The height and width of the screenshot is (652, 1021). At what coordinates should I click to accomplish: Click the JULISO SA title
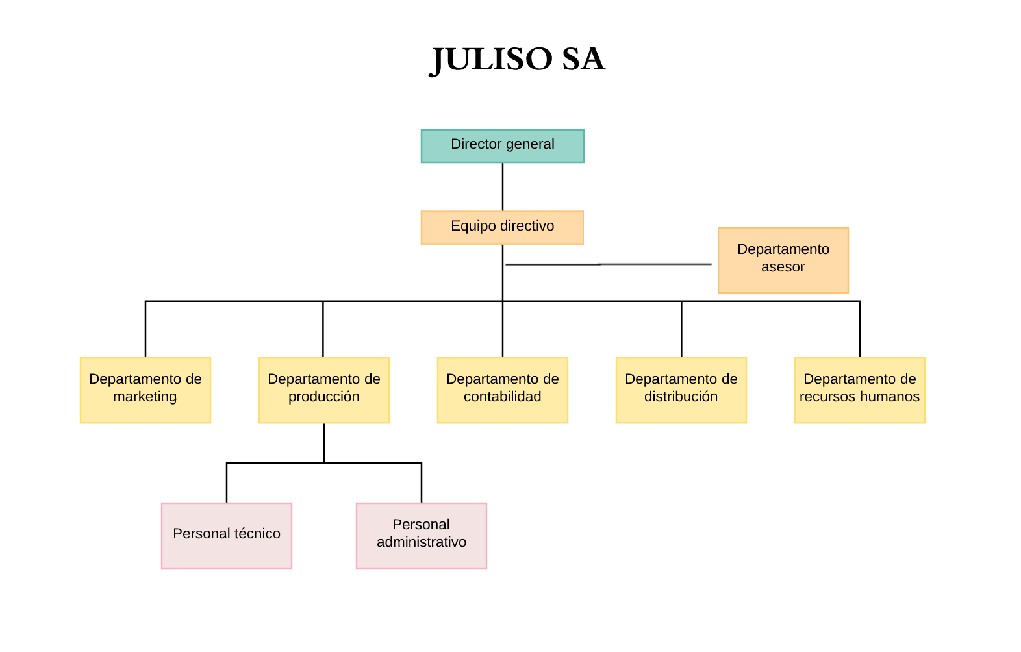coord(518,60)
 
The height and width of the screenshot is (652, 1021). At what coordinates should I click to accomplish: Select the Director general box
coord(502,145)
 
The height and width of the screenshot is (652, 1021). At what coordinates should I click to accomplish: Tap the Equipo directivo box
coord(502,227)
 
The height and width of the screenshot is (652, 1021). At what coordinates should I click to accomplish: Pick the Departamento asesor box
coord(783,260)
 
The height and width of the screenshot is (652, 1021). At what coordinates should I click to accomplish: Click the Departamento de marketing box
coord(145,390)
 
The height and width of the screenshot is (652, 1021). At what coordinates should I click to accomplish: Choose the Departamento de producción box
coord(323,390)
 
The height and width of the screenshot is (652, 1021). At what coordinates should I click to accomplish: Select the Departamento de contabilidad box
coord(502,390)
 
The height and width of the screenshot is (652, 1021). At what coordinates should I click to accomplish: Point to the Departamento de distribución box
coord(681,390)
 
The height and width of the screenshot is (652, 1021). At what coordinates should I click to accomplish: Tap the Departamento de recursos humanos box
coord(859,390)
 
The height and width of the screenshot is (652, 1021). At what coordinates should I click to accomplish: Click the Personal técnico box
coord(226,535)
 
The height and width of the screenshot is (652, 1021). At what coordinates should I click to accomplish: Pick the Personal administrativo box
coord(421,535)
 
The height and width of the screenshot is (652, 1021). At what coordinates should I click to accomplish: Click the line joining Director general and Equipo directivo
coord(502,186)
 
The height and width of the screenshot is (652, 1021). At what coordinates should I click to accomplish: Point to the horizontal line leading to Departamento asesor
coord(608,264)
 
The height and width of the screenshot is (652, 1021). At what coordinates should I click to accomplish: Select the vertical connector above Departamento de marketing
coord(145,329)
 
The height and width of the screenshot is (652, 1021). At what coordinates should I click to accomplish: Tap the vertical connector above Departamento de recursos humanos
coord(859,329)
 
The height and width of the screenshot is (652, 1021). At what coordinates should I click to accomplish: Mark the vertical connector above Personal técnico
coord(227,483)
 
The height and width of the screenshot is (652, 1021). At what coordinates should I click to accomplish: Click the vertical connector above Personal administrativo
coord(422,483)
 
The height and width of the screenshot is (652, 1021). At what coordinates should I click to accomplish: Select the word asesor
coord(783,267)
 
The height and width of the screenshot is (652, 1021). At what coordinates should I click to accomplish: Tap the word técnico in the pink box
coord(257,534)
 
